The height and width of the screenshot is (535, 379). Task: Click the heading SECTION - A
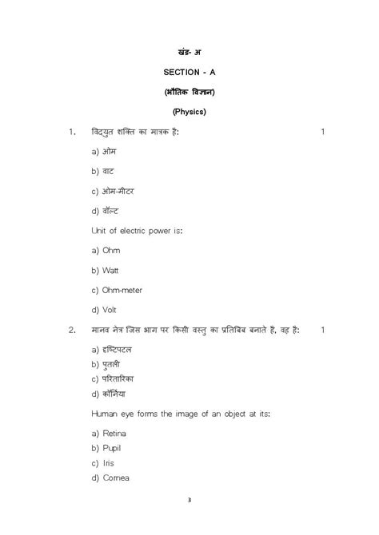pyautogui.click(x=189, y=72)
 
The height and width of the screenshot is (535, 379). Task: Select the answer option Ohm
pyautogui.click(x=111, y=250)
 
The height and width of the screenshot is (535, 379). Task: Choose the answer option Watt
pyautogui.click(x=111, y=270)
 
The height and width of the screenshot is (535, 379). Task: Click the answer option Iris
pyautogui.click(x=109, y=463)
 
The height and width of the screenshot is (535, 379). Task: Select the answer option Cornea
pyautogui.click(x=116, y=478)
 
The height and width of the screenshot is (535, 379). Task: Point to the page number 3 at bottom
pyautogui.click(x=189, y=500)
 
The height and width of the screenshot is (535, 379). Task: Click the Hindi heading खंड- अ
pyautogui.click(x=189, y=52)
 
